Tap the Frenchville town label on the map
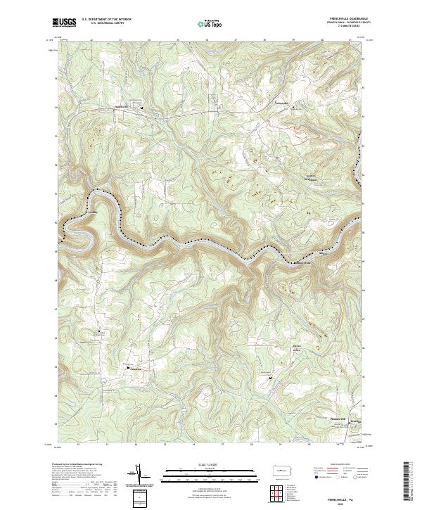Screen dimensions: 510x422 coord(123,106)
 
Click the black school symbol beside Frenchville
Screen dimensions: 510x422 coord(141,108)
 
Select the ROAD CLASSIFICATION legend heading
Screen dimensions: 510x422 coord(345,465)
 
